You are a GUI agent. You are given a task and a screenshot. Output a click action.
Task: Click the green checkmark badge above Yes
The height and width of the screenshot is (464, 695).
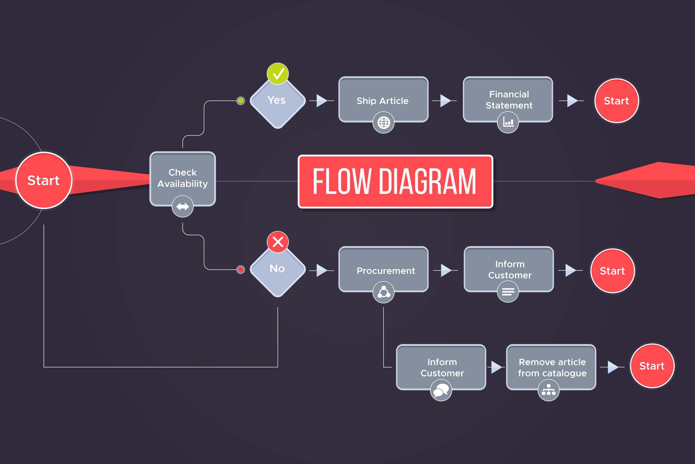coord(278,74)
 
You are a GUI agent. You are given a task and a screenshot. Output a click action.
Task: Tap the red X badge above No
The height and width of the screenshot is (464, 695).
coord(278,242)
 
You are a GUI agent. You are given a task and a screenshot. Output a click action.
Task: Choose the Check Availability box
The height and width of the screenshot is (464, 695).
coord(183,178)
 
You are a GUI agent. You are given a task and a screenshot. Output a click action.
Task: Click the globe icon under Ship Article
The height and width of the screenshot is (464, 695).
coord(384,122)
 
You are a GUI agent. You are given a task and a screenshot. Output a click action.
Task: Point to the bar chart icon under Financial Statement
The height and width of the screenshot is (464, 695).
coord(508,122)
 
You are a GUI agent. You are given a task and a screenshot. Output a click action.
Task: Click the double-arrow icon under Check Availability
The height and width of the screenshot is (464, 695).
coord(183,206)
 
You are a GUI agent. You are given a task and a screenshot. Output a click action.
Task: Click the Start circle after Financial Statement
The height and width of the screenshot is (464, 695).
coord(616,101)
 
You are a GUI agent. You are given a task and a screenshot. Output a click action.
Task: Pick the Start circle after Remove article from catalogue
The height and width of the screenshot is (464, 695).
coord(652,366)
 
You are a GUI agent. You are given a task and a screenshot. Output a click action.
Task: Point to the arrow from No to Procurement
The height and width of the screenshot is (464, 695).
coord(322,270)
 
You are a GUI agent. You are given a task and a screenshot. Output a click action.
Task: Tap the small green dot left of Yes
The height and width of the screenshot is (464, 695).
coord(241,101)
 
